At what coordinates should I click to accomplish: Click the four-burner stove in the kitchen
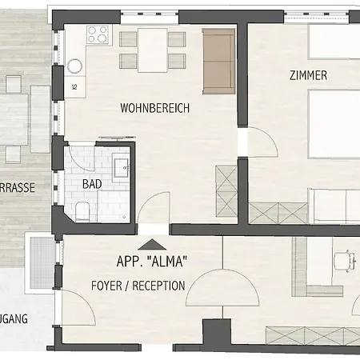pyautogui.click(x=98, y=35)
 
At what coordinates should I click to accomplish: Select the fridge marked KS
pyautogui.click(x=75, y=86)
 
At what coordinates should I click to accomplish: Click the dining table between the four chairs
pyautogui.click(x=153, y=50)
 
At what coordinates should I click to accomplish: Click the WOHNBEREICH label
pyautogui.click(x=154, y=108)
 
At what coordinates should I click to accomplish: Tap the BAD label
pyautogui.click(x=92, y=183)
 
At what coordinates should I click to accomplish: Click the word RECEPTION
pyautogui.click(x=158, y=286)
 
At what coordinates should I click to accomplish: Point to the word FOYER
pyautogui.click(x=106, y=286)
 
